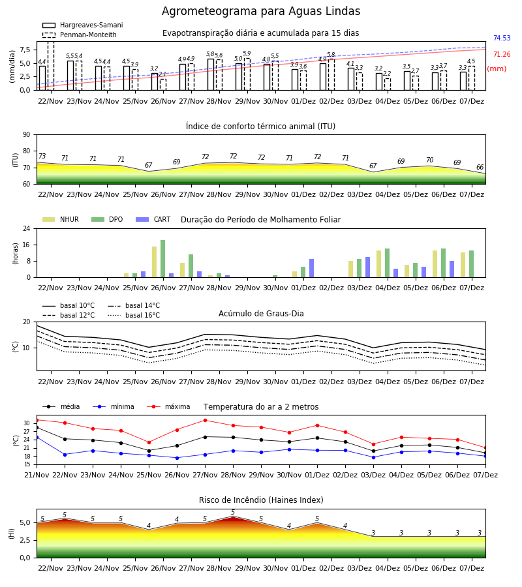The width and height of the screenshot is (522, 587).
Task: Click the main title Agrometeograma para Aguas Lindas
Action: tap(261, 11)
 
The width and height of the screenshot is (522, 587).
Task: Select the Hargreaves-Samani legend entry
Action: tap(83, 25)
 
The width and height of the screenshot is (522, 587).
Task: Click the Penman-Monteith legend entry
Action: tap(80, 35)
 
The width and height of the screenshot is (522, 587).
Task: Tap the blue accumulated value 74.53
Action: tap(502, 38)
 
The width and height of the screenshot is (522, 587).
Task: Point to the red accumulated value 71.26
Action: tap(502, 55)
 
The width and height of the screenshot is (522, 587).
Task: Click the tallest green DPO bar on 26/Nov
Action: tap(163, 259)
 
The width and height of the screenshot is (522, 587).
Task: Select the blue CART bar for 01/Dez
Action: tap(311, 268)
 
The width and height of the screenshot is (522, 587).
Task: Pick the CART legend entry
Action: tap(153, 219)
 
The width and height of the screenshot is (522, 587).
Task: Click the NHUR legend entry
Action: tap(61, 219)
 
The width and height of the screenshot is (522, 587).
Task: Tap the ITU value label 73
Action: tap(42, 156)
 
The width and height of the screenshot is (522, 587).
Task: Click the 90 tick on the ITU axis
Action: tap(27, 135)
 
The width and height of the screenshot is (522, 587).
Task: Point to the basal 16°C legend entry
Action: tap(134, 315)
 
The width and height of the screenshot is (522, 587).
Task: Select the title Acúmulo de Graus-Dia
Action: tap(261, 314)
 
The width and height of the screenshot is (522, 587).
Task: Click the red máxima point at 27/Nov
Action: tap(205, 421)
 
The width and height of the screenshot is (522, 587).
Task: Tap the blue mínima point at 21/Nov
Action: tap(37, 437)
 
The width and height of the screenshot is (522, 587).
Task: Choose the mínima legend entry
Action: tap(114, 406)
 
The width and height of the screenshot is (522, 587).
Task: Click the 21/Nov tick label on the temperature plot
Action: tap(37, 475)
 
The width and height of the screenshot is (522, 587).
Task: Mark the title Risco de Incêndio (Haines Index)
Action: tap(261, 500)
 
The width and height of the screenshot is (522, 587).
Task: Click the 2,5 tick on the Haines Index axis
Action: tap(25, 540)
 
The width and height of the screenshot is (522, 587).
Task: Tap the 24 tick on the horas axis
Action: tap(27, 228)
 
